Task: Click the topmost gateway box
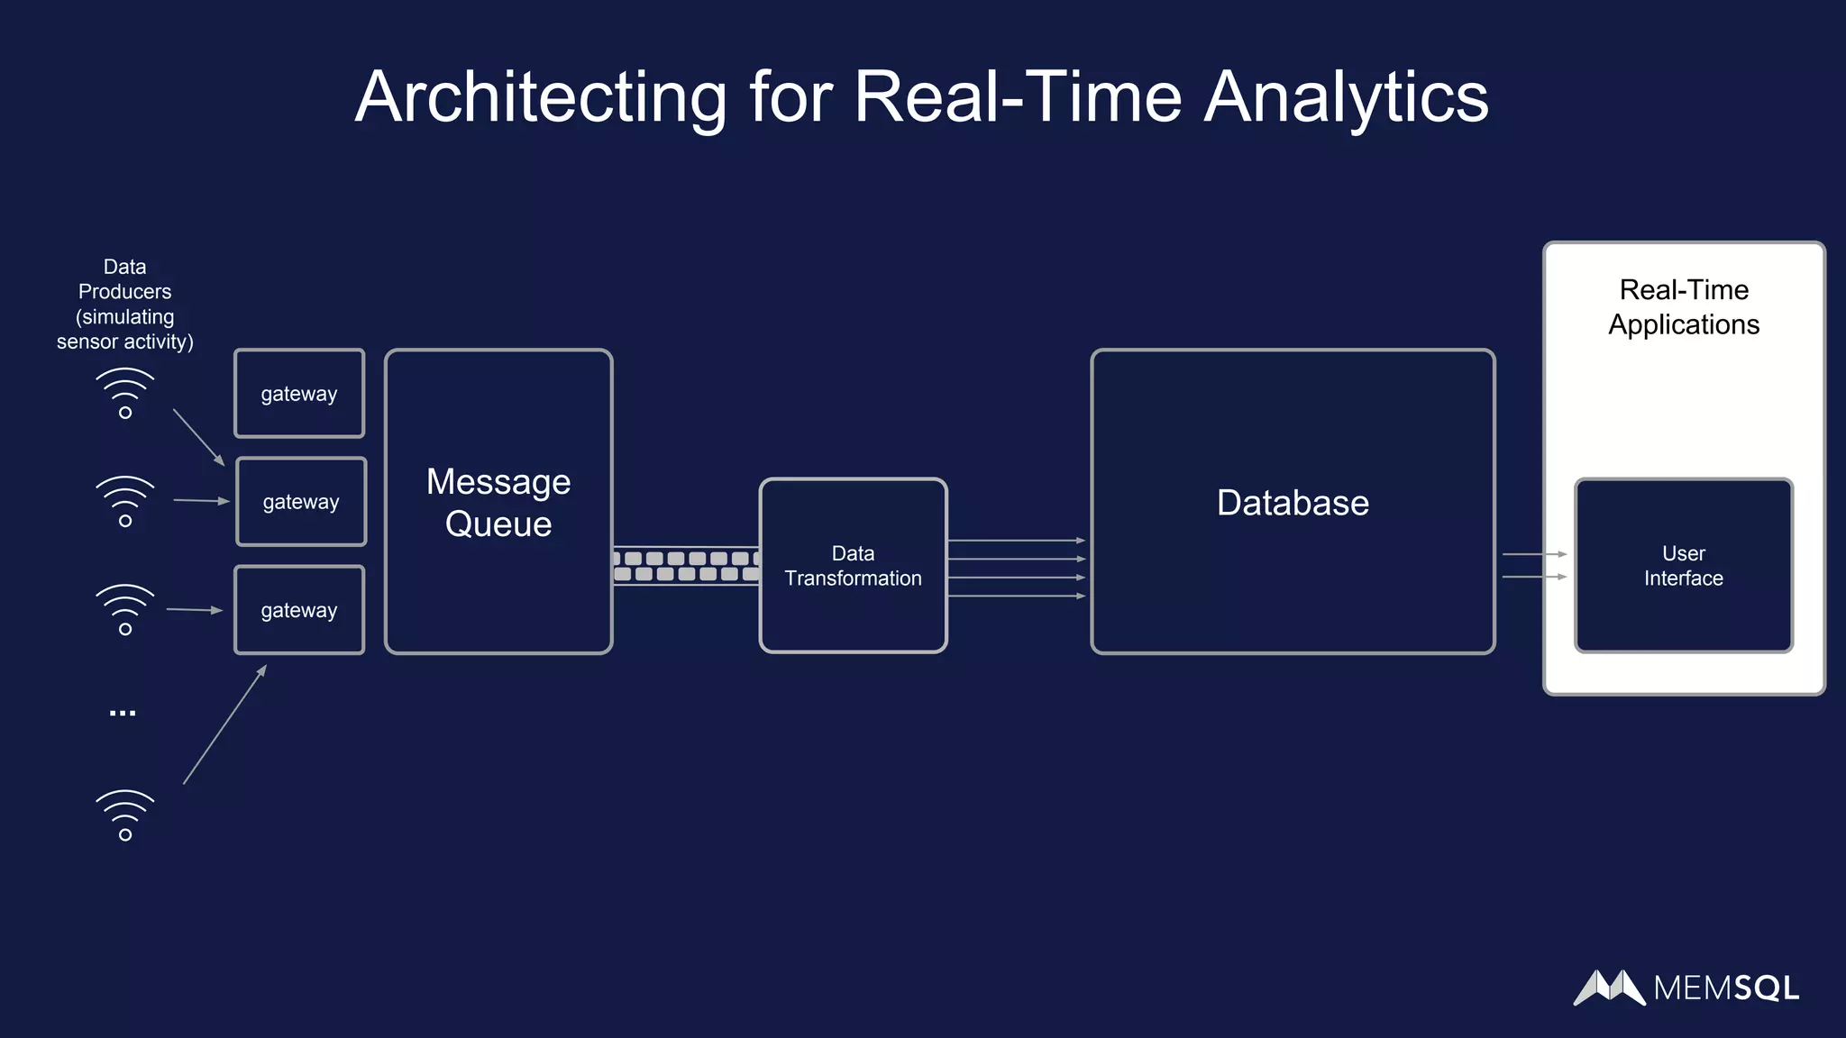(299, 394)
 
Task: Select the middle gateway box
(301, 502)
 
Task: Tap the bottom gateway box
(299, 610)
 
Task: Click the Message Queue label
(498, 503)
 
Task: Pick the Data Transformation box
(853, 566)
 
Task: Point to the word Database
(1293, 503)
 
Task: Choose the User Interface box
(1683, 566)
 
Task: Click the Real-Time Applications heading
(1684, 307)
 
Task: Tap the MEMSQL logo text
(1726, 988)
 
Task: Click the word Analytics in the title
(1346, 97)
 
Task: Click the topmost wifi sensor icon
(125, 393)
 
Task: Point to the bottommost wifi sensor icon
(125, 815)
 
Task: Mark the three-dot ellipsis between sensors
(123, 714)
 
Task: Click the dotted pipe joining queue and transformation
(686, 566)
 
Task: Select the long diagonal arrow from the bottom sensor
(225, 724)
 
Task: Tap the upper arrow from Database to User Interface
(1534, 554)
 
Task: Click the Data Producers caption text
(124, 304)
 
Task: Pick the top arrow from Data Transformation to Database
(1016, 541)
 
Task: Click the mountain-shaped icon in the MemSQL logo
(1610, 988)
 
